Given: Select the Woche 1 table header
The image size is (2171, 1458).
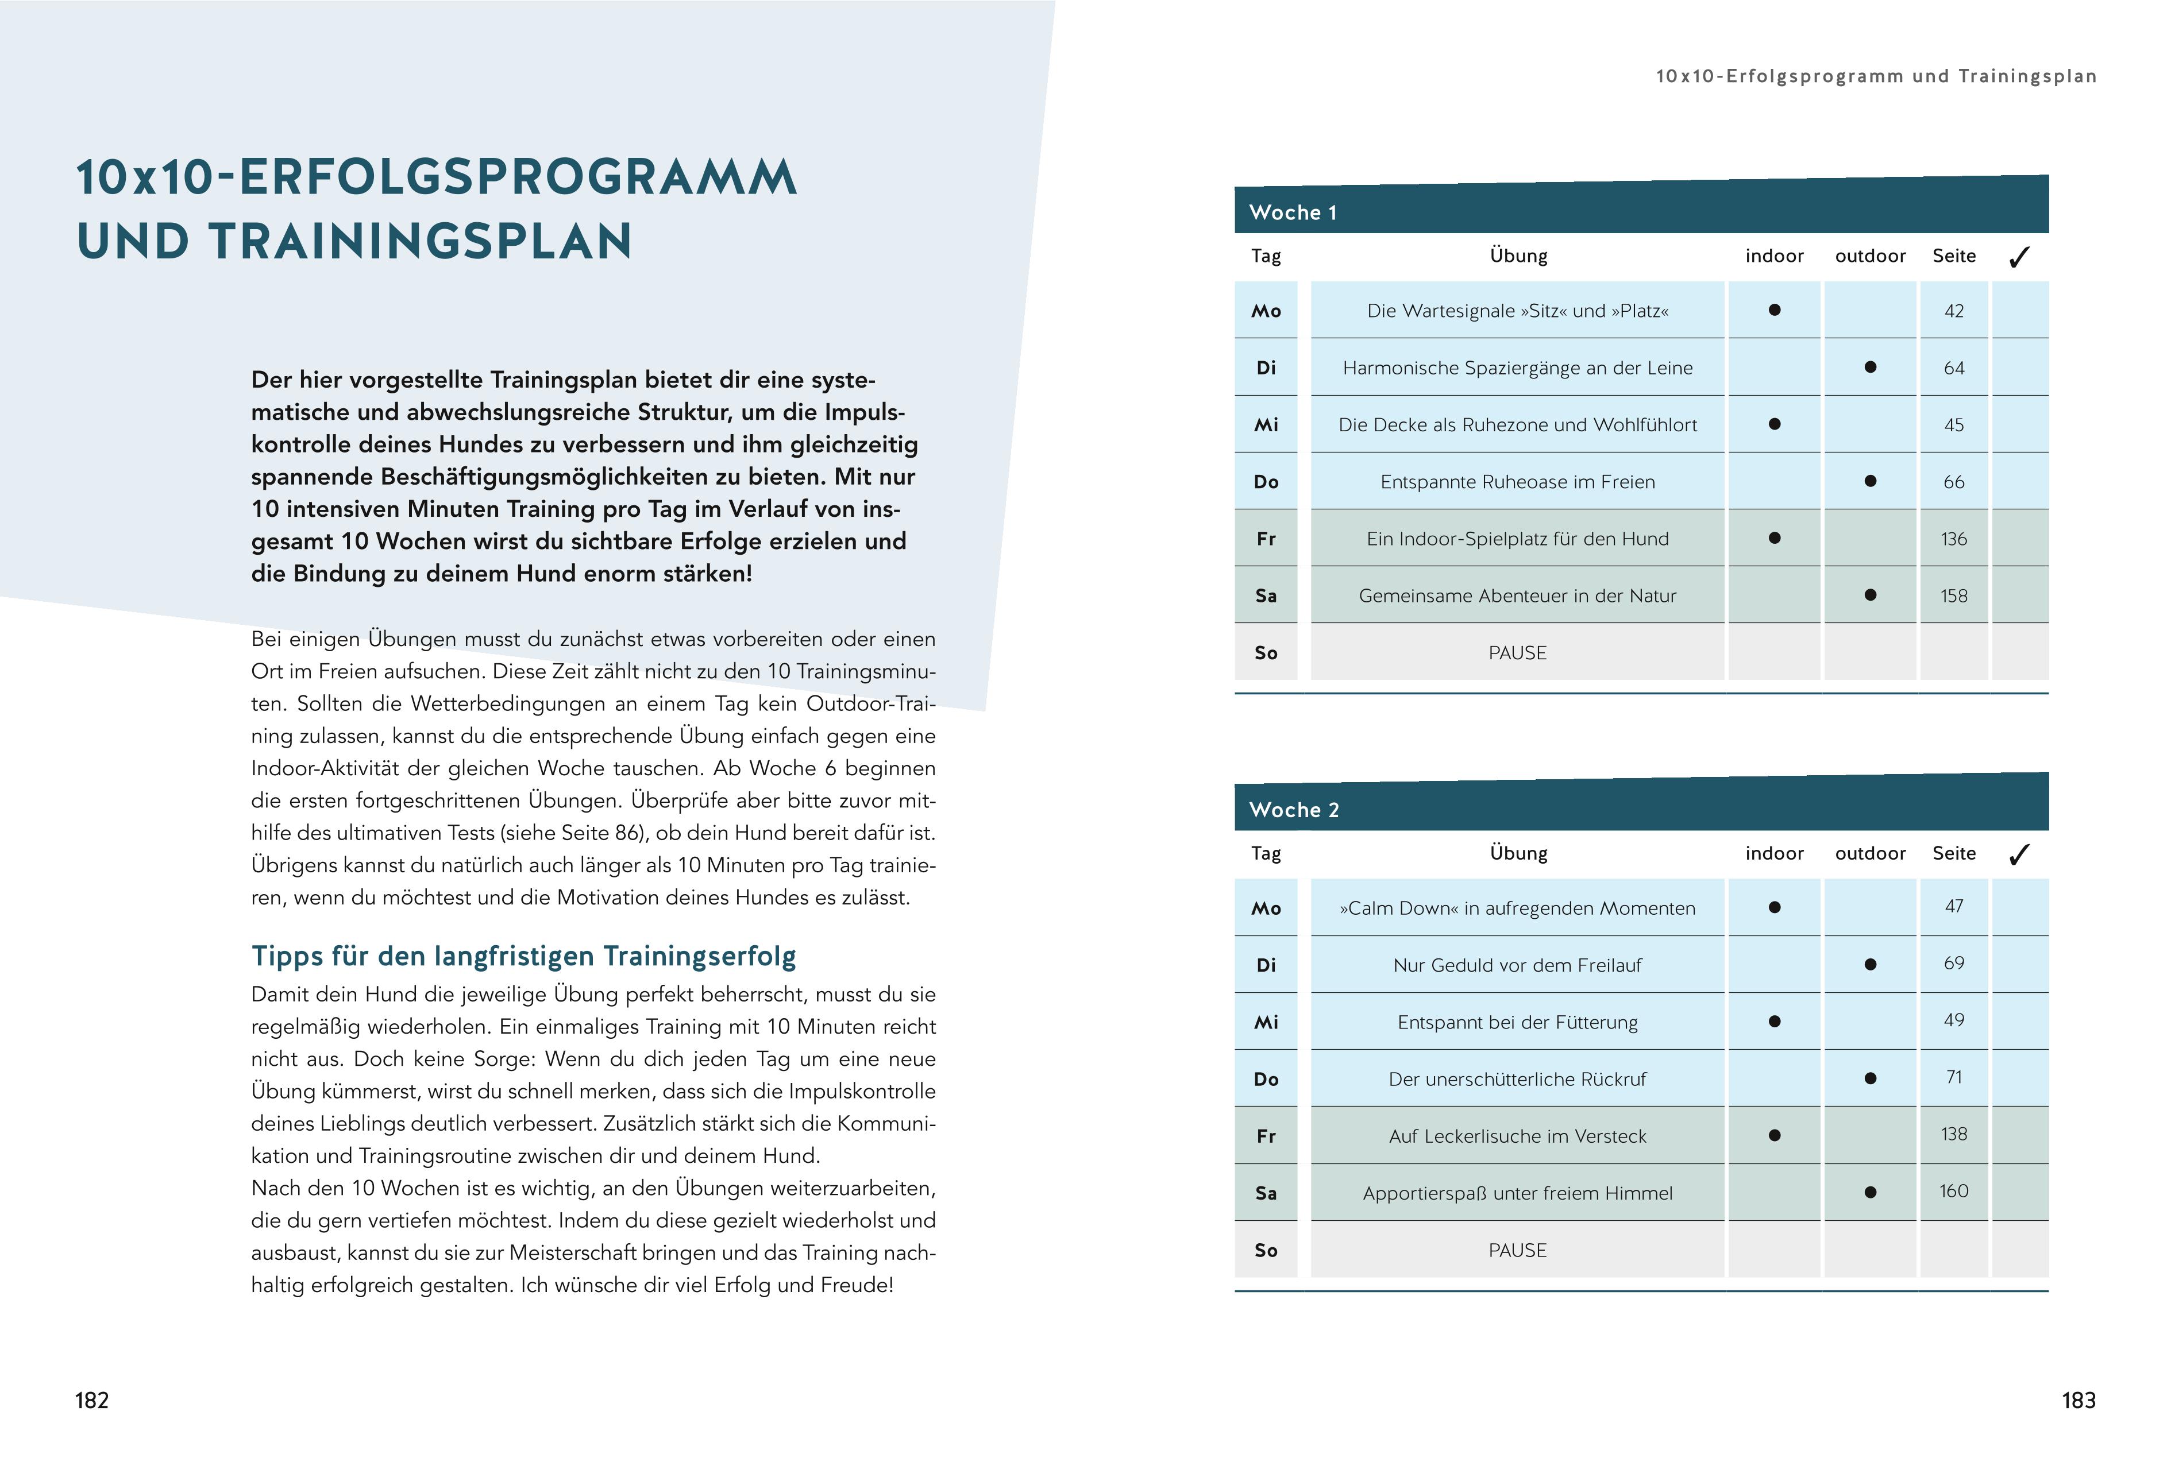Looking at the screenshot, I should (x=1293, y=212).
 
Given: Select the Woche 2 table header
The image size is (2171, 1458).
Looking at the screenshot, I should (x=1294, y=809).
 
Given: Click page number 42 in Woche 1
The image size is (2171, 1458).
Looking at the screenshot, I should (x=1953, y=311).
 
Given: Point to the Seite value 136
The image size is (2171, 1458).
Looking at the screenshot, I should (x=1953, y=539).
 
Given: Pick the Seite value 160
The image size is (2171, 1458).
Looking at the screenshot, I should (x=1953, y=1191).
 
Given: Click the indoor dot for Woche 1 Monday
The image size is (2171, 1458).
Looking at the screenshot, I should (x=1774, y=310).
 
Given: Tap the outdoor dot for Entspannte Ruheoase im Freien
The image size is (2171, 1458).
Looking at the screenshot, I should (x=1869, y=481).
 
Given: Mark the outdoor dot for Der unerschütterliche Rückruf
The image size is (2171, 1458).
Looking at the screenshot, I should (x=1869, y=1078).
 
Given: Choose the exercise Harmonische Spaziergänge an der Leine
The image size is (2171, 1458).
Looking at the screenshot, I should (x=1517, y=368).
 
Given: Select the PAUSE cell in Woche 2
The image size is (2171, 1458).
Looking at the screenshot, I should (x=1517, y=1250).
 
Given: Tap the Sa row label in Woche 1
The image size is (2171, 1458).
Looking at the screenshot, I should (x=1266, y=595).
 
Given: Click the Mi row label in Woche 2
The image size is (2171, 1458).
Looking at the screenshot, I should (x=1266, y=1022).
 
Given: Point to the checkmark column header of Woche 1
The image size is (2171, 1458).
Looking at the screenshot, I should (x=2018, y=257).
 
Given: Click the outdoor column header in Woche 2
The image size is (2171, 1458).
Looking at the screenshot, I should (x=1869, y=853).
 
